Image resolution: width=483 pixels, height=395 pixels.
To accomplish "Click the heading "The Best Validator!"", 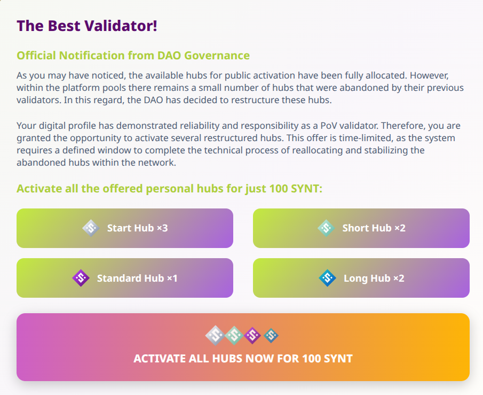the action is coord(87,26).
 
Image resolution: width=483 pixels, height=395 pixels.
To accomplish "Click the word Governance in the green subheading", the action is coord(217,56).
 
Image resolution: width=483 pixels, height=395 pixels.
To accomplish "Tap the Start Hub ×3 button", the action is coord(125,228).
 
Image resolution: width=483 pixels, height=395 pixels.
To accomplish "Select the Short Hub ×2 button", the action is coord(361,228).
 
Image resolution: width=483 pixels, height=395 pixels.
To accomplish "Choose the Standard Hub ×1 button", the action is coord(125,278).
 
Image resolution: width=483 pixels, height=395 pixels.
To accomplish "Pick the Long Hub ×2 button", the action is coord(361,278).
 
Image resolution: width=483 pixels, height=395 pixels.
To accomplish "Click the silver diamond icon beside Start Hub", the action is coord(91,228).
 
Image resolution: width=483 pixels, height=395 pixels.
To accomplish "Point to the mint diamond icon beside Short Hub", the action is coord(326,228).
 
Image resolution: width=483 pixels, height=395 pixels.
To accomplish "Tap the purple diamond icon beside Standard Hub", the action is coord(81,278).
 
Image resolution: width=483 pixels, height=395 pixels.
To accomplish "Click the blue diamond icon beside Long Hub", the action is coord(328,278).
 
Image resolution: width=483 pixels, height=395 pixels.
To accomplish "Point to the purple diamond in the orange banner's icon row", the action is coord(252,336).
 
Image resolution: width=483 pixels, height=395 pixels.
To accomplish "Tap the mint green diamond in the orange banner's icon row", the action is coord(234,336).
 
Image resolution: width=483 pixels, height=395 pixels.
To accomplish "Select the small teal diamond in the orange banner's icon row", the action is coord(271,336).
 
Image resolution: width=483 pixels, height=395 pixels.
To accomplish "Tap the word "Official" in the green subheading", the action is coord(36,56).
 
